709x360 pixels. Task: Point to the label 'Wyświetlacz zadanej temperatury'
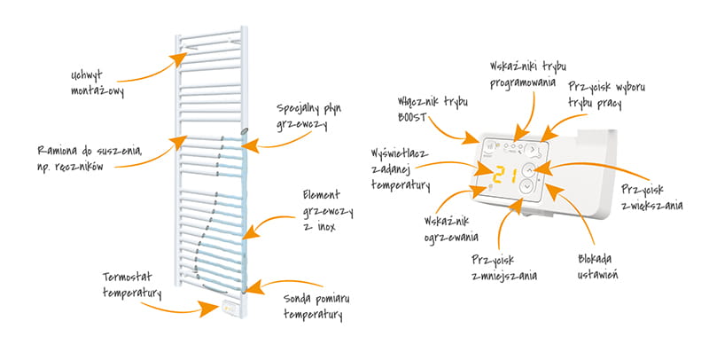tap(400, 169)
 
